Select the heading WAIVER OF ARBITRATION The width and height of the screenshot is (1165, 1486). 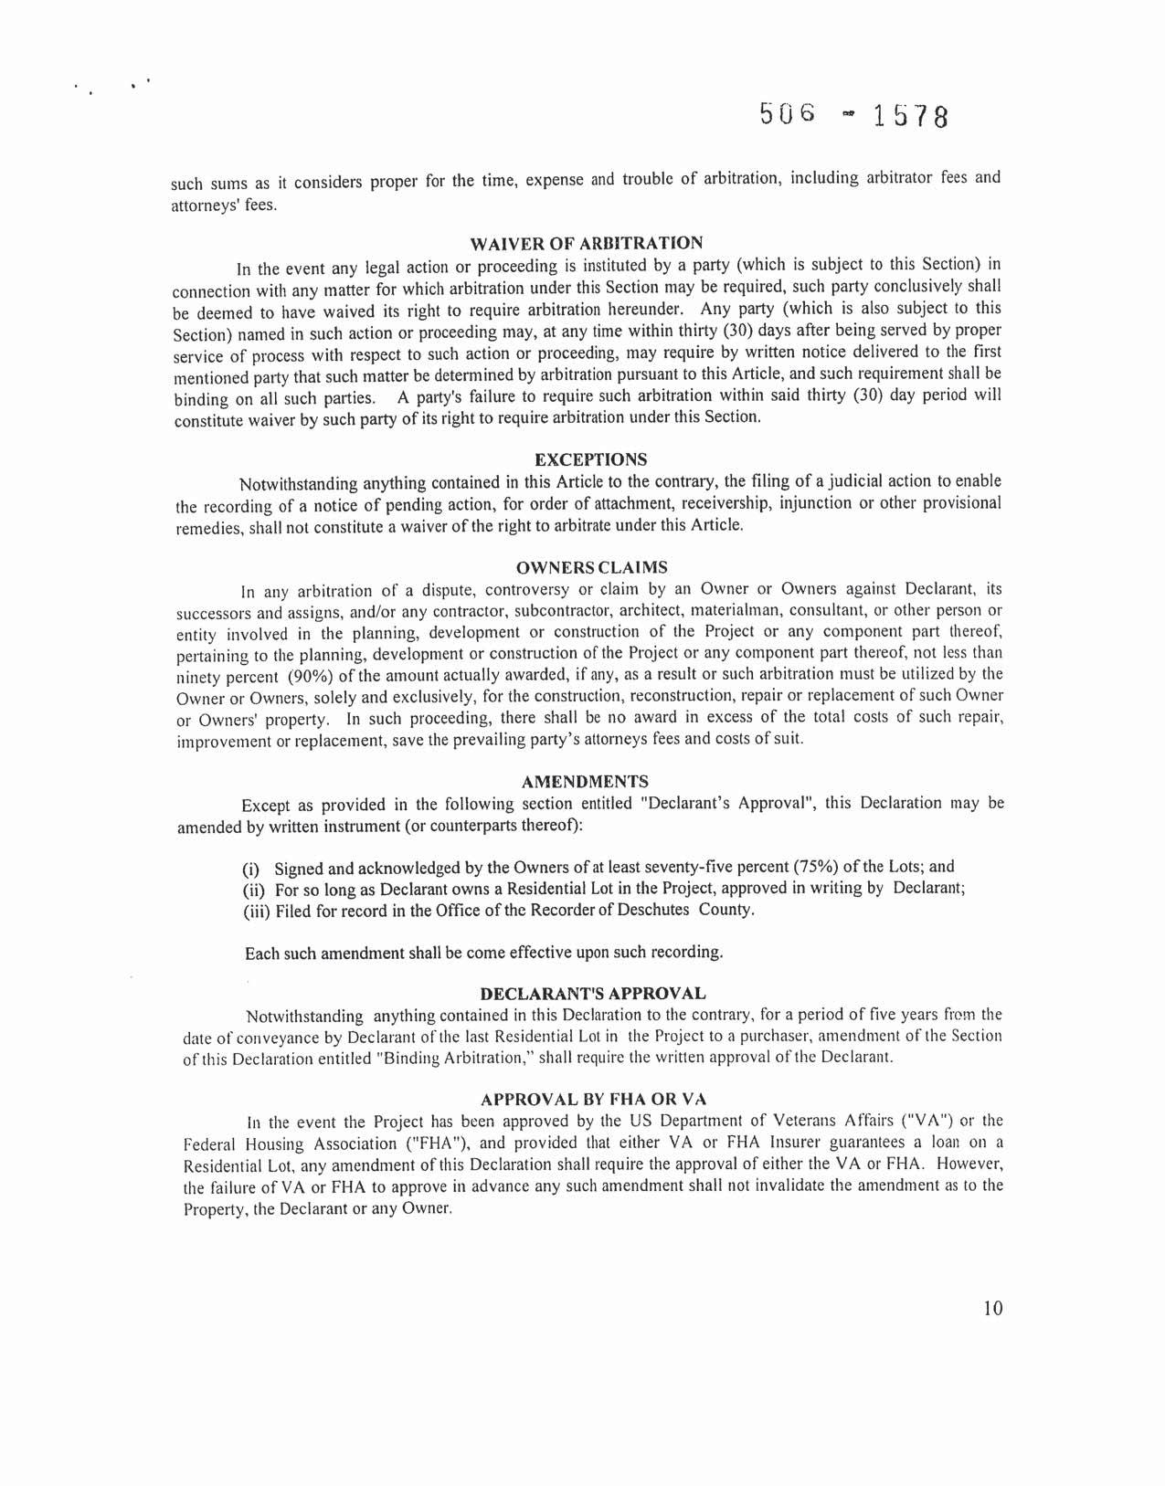[x=586, y=244]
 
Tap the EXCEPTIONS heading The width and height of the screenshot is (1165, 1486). [x=590, y=459]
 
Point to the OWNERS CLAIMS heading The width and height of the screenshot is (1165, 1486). [x=591, y=568]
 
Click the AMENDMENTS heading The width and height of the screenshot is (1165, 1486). [x=585, y=783]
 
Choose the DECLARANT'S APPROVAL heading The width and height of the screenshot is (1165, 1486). [x=592, y=994]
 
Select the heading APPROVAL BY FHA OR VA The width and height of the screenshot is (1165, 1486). [x=593, y=1100]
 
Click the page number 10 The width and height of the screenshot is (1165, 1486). [x=992, y=1308]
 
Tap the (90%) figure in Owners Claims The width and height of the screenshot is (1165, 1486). [x=315, y=677]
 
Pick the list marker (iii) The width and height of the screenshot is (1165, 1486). [x=256, y=912]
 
